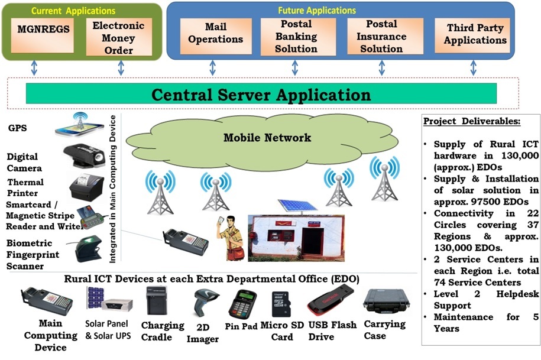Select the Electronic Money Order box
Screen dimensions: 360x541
coord(119,37)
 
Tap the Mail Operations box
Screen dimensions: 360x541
coord(215,34)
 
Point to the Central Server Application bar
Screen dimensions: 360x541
coord(261,94)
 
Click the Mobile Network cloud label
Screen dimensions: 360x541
coord(267,138)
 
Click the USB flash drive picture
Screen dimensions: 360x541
coord(330,302)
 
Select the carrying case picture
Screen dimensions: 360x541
coord(384,300)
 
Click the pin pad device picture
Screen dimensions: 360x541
coord(244,303)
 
